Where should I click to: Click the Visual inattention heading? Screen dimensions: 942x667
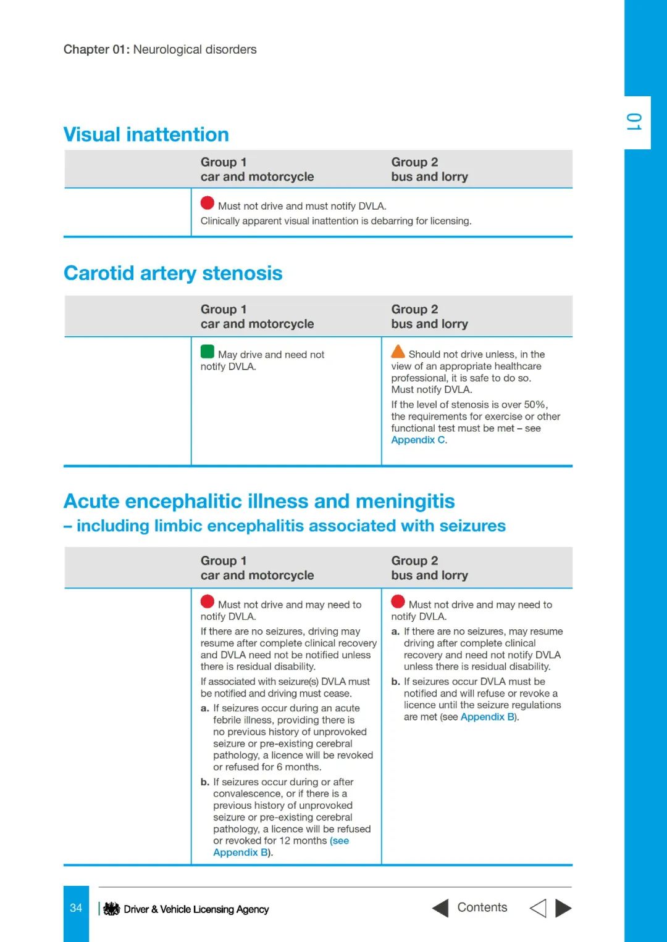tap(146, 134)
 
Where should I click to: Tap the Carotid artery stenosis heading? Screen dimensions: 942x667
tap(173, 273)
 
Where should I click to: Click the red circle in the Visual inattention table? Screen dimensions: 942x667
tap(208, 203)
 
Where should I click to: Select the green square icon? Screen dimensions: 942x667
tap(208, 352)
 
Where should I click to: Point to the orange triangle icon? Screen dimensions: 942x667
tap(398, 352)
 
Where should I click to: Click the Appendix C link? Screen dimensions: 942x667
tap(418, 440)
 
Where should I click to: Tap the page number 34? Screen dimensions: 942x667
tap(76, 908)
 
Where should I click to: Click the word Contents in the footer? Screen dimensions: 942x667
tap(482, 907)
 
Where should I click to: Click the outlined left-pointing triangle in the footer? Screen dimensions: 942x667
tap(538, 908)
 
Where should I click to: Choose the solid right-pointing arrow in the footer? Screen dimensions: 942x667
tap(563, 908)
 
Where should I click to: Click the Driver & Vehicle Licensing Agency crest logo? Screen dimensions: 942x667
tap(112, 909)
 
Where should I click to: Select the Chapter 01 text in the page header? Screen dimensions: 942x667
tap(96, 49)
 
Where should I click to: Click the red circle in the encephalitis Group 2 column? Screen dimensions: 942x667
tap(398, 601)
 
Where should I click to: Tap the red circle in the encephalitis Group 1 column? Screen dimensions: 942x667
tap(208, 601)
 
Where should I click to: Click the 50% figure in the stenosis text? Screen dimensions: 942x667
tap(535, 405)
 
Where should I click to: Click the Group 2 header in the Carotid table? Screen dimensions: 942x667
tap(414, 309)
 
